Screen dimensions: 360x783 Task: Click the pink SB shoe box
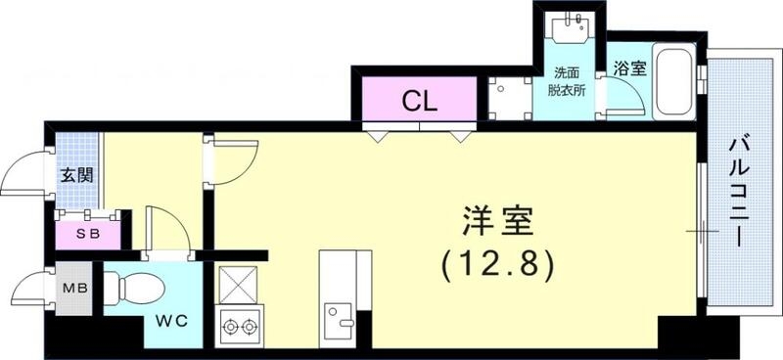click(x=88, y=234)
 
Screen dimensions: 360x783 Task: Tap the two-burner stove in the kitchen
click(x=239, y=324)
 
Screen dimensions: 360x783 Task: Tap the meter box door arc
click(x=29, y=290)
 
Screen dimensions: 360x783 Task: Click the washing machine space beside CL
click(x=508, y=98)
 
